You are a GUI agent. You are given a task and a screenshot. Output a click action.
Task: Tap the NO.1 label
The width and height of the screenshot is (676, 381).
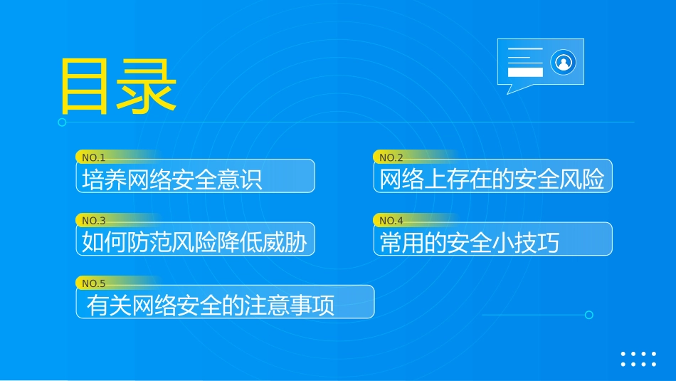point(94,157)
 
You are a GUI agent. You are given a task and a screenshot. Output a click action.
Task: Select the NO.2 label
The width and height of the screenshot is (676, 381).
point(391,157)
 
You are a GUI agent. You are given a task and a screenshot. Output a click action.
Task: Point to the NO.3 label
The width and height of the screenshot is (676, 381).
point(94,221)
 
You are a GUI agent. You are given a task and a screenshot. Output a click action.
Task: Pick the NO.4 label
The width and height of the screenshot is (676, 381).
point(391,221)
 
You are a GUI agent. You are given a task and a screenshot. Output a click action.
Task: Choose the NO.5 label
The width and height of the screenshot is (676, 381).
point(94,283)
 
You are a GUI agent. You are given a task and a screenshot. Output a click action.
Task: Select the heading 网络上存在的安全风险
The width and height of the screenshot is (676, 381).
point(492,179)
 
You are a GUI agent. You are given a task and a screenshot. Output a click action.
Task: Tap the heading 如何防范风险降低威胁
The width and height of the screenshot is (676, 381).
point(194,242)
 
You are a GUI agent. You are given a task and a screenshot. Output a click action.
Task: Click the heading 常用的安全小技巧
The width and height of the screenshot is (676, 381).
point(470,242)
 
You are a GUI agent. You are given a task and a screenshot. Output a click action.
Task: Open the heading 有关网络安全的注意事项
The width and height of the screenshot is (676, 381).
point(211,306)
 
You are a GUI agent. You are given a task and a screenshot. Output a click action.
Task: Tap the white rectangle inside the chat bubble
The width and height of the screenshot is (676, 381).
point(525,72)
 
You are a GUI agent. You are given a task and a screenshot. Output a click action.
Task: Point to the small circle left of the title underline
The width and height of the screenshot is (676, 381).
point(62,122)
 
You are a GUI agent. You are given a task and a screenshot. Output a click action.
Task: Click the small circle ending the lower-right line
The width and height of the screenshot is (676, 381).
point(588,315)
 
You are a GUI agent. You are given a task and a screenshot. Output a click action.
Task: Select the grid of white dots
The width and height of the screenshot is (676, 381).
point(638,359)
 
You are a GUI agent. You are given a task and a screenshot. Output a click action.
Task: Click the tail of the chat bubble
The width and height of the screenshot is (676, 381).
point(509,89)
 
